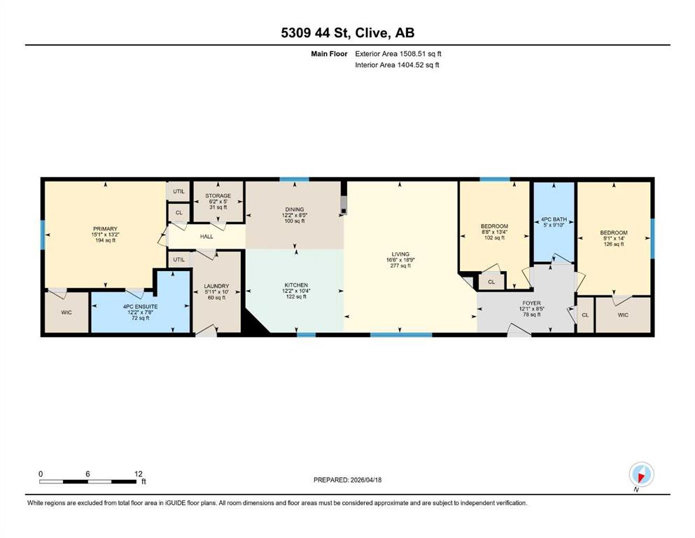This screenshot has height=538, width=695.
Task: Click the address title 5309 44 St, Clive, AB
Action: (x=347, y=32)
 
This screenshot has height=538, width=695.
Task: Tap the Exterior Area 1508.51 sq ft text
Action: (x=398, y=54)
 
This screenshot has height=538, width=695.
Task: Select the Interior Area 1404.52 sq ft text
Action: (x=397, y=64)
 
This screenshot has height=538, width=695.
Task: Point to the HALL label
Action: (x=206, y=236)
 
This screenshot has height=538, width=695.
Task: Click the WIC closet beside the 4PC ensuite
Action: (x=66, y=312)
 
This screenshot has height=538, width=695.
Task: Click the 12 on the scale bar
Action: (x=139, y=474)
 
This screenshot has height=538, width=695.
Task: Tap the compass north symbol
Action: (x=641, y=474)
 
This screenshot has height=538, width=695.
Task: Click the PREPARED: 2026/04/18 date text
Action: (x=347, y=480)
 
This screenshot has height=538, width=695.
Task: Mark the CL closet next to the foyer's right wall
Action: (x=585, y=315)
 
